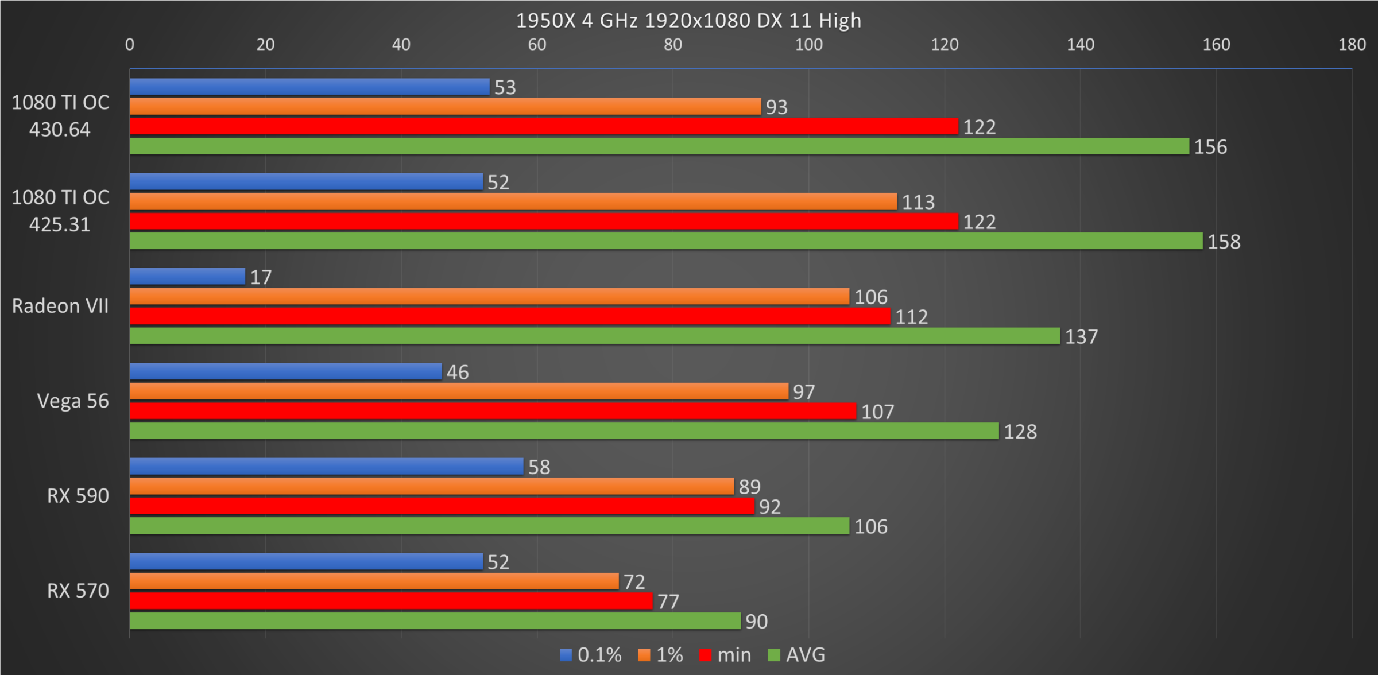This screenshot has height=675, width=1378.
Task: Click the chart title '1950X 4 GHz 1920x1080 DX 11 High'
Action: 688,21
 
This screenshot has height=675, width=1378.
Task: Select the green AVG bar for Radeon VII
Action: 594,336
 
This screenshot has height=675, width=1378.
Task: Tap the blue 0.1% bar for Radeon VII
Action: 187,277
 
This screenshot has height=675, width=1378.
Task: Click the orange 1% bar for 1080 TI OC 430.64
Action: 445,106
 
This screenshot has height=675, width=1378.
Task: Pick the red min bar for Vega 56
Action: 493,411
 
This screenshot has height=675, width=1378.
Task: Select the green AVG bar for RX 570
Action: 435,620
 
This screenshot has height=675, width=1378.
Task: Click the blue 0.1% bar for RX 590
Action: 326,467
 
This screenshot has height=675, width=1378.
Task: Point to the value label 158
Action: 1224,242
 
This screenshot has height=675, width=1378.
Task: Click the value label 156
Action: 1210,147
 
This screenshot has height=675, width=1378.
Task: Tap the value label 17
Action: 261,277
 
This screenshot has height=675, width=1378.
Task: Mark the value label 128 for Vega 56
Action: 1020,432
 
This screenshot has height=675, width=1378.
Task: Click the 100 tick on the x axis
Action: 808,45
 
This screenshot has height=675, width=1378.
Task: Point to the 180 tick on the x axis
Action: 1352,45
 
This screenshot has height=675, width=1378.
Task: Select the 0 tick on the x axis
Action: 130,45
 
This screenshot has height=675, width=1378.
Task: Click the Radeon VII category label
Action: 60,306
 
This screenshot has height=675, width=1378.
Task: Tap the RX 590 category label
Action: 78,496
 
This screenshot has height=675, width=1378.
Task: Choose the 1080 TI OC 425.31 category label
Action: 60,211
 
